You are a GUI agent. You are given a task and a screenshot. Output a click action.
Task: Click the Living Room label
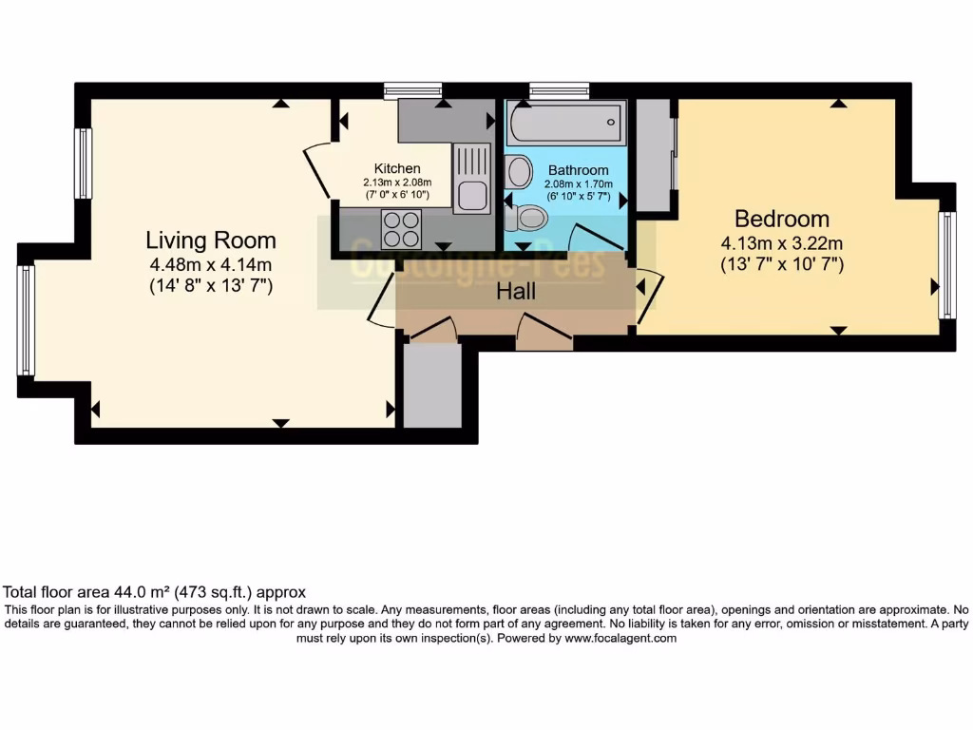click(211, 240)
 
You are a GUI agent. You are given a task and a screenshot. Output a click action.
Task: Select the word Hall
click(516, 292)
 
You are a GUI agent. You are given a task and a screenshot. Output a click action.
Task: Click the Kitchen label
click(396, 169)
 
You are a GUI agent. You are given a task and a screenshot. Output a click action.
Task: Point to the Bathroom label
click(578, 171)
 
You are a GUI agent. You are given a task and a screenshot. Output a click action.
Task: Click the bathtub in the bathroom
click(564, 124)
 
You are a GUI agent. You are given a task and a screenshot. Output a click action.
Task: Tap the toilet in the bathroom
click(525, 219)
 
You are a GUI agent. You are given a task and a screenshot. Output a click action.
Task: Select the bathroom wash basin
click(519, 171)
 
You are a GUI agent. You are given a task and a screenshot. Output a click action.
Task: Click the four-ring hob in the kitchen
click(401, 227)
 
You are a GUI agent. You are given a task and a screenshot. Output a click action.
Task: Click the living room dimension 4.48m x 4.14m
click(211, 264)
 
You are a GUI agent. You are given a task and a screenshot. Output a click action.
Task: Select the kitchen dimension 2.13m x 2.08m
click(396, 182)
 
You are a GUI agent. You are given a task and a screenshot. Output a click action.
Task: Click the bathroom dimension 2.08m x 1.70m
click(578, 184)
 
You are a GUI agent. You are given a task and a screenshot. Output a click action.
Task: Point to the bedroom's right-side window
click(946, 264)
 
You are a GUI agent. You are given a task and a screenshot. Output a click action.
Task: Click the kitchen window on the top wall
click(413, 90)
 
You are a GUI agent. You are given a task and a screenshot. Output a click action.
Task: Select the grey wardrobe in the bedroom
click(653, 154)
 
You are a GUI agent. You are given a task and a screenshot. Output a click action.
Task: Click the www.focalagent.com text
click(620, 639)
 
